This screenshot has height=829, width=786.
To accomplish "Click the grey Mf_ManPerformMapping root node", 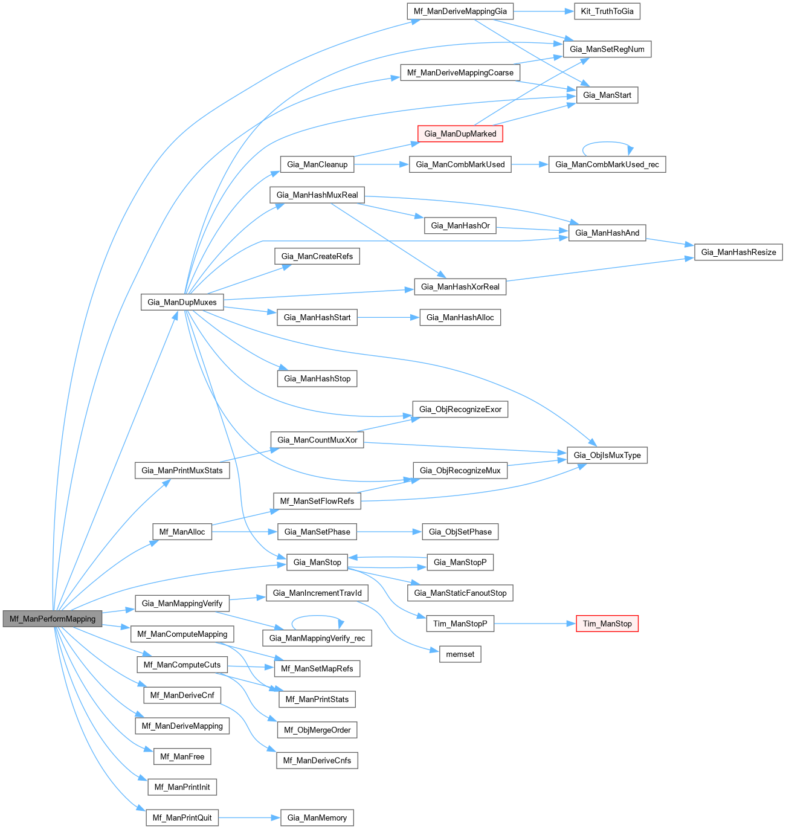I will coord(53,619).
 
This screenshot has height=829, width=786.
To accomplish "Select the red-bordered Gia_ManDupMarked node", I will coord(460,134).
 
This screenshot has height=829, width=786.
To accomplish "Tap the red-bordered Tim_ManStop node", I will coord(607,624).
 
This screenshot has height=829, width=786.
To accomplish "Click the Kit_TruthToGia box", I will coord(607,11).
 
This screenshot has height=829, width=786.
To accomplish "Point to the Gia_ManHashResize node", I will coord(738,252).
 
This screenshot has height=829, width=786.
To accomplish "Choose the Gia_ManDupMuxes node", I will coord(182,302).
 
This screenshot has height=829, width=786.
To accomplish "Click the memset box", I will coord(460,654).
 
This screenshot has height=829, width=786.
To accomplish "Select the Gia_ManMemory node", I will coord(317,818).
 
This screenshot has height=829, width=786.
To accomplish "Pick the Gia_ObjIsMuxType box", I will coord(607,455).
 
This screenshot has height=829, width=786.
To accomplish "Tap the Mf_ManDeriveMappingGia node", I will coord(460,11).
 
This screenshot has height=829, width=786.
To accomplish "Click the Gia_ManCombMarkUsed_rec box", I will coord(607,164).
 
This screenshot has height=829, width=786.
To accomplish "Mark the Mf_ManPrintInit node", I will coord(182,787).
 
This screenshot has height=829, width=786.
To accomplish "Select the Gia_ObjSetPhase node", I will coord(460,532).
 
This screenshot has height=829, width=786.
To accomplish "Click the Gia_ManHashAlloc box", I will coord(460,317).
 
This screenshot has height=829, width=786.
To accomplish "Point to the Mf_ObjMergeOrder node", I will coord(317,730).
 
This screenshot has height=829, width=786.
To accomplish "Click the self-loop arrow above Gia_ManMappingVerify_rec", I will coord(317,617).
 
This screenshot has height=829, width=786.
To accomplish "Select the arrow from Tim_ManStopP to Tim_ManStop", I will coord(532,624).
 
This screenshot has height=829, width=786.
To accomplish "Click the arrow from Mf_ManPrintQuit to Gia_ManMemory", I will coord(249,818).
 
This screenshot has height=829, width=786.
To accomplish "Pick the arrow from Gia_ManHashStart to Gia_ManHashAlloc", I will coord(388,317).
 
